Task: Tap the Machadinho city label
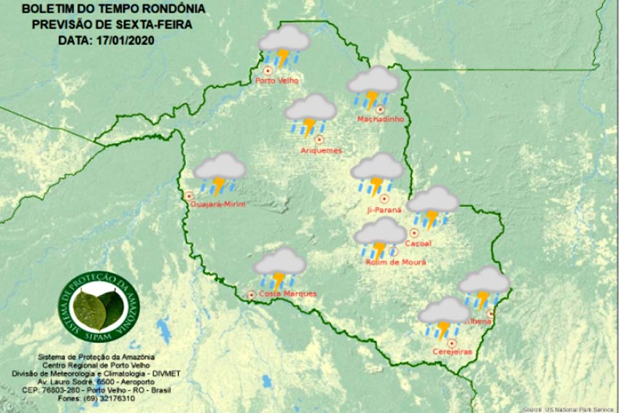click(x=380, y=119)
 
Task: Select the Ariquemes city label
click(x=321, y=150)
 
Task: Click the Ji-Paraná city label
click(x=386, y=210)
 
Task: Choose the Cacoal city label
click(x=417, y=243)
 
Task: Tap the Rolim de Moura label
click(x=395, y=262)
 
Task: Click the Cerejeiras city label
click(x=453, y=351)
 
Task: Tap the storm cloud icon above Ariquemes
click(x=311, y=114)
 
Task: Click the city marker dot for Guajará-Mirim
click(x=189, y=196)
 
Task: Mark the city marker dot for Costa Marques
click(x=251, y=295)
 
